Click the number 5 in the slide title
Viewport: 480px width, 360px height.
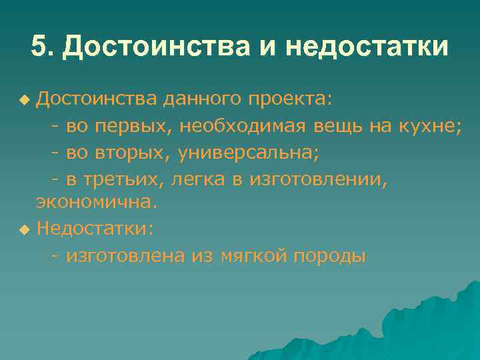(x=40, y=47)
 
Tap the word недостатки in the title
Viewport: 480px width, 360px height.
(x=367, y=47)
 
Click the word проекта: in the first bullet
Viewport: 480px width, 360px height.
(x=289, y=99)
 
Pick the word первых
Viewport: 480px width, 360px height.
(x=136, y=127)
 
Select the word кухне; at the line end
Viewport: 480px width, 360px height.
(x=428, y=127)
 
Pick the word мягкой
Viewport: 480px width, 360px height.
(x=254, y=256)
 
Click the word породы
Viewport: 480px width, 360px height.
(x=329, y=256)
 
